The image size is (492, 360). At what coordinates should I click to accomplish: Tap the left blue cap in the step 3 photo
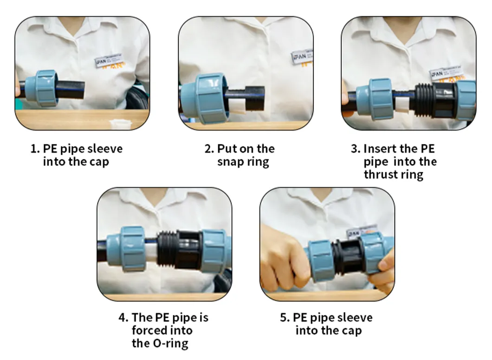click(x=382, y=99)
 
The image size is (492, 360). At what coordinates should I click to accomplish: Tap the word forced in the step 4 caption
click(x=149, y=331)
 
